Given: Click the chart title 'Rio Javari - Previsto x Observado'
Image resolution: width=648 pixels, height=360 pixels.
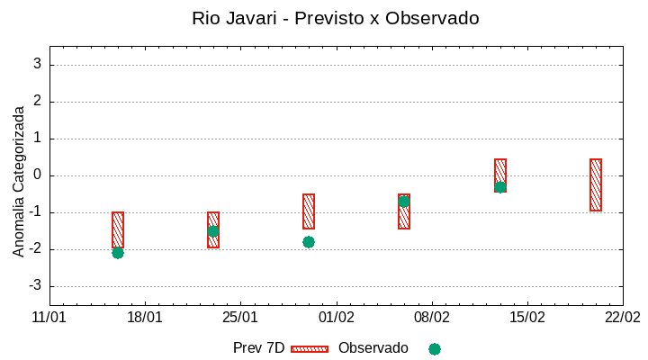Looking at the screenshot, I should pyautogui.click(x=336, y=18).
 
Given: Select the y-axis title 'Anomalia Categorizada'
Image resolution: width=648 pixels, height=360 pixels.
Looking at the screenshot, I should pyautogui.click(x=19, y=181).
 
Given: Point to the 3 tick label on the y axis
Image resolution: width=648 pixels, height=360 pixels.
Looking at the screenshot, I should pyautogui.click(x=38, y=64).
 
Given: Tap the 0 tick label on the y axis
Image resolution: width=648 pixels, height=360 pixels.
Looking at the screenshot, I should pyautogui.click(x=38, y=175).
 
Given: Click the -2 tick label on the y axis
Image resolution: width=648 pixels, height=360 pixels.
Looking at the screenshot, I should pyautogui.click(x=35, y=249).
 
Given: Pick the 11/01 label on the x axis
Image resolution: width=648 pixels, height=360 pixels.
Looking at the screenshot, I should pyautogui.click(x=49, y=318).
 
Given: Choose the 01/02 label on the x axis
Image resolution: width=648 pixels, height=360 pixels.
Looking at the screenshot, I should pyautogui.click(x=336, y=318).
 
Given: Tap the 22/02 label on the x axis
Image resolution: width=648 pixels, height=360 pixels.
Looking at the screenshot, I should pyautogui.click(x=622, y=318).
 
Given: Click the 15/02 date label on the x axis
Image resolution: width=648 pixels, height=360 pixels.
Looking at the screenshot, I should pyautogui.click(x=526, y=318).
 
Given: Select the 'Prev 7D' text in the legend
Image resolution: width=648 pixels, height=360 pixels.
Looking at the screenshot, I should pyautogui.click(x=258, y=348).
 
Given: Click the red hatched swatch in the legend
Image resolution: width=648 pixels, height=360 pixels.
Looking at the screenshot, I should pyautogui.click(x=310, y=348).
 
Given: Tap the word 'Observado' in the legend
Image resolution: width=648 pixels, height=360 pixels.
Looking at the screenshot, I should pyautogui.click(x=373, y=348).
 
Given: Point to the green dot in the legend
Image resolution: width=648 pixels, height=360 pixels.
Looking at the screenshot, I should pyautogui.click(x=435, y=348).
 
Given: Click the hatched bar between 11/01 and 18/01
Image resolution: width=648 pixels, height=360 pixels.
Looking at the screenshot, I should pyautogui.click(x=118, y=229).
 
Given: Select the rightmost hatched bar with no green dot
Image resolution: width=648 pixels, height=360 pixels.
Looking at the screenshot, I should pyautogui.click(x=596, y=184).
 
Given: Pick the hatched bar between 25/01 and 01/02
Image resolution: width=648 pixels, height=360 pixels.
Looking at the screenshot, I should pyautogui.click(x=309, y=211).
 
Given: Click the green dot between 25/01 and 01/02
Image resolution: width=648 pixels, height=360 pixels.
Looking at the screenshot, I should pyautogui.click(x=309, y=242).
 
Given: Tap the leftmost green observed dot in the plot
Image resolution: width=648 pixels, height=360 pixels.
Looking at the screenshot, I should pyautogui.click(x=118, y=253).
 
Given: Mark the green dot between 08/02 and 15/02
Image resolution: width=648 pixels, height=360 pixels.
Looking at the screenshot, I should pyautogui.click(x=500, y=187).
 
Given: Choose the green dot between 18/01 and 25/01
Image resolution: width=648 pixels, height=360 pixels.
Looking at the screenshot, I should pyautogui.click(x=213, y=231).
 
